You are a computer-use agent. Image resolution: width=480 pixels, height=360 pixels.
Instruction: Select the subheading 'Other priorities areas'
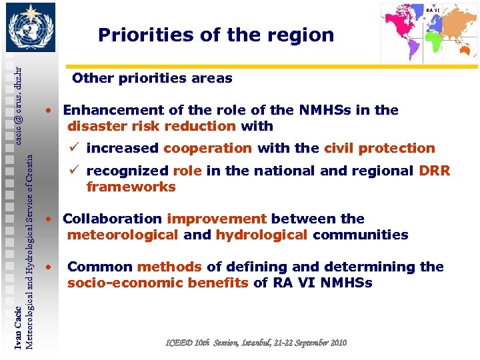pyautogui.click(x=152, y=79)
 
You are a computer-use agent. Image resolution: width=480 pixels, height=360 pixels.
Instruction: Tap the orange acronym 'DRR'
pyautogui.click(x=435, y=171)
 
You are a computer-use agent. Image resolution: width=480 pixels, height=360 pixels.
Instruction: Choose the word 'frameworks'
pyautogui.click(x=131, y=187)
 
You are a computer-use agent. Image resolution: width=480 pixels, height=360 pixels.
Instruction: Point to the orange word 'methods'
pyautogui.click(x=169, y=267)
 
